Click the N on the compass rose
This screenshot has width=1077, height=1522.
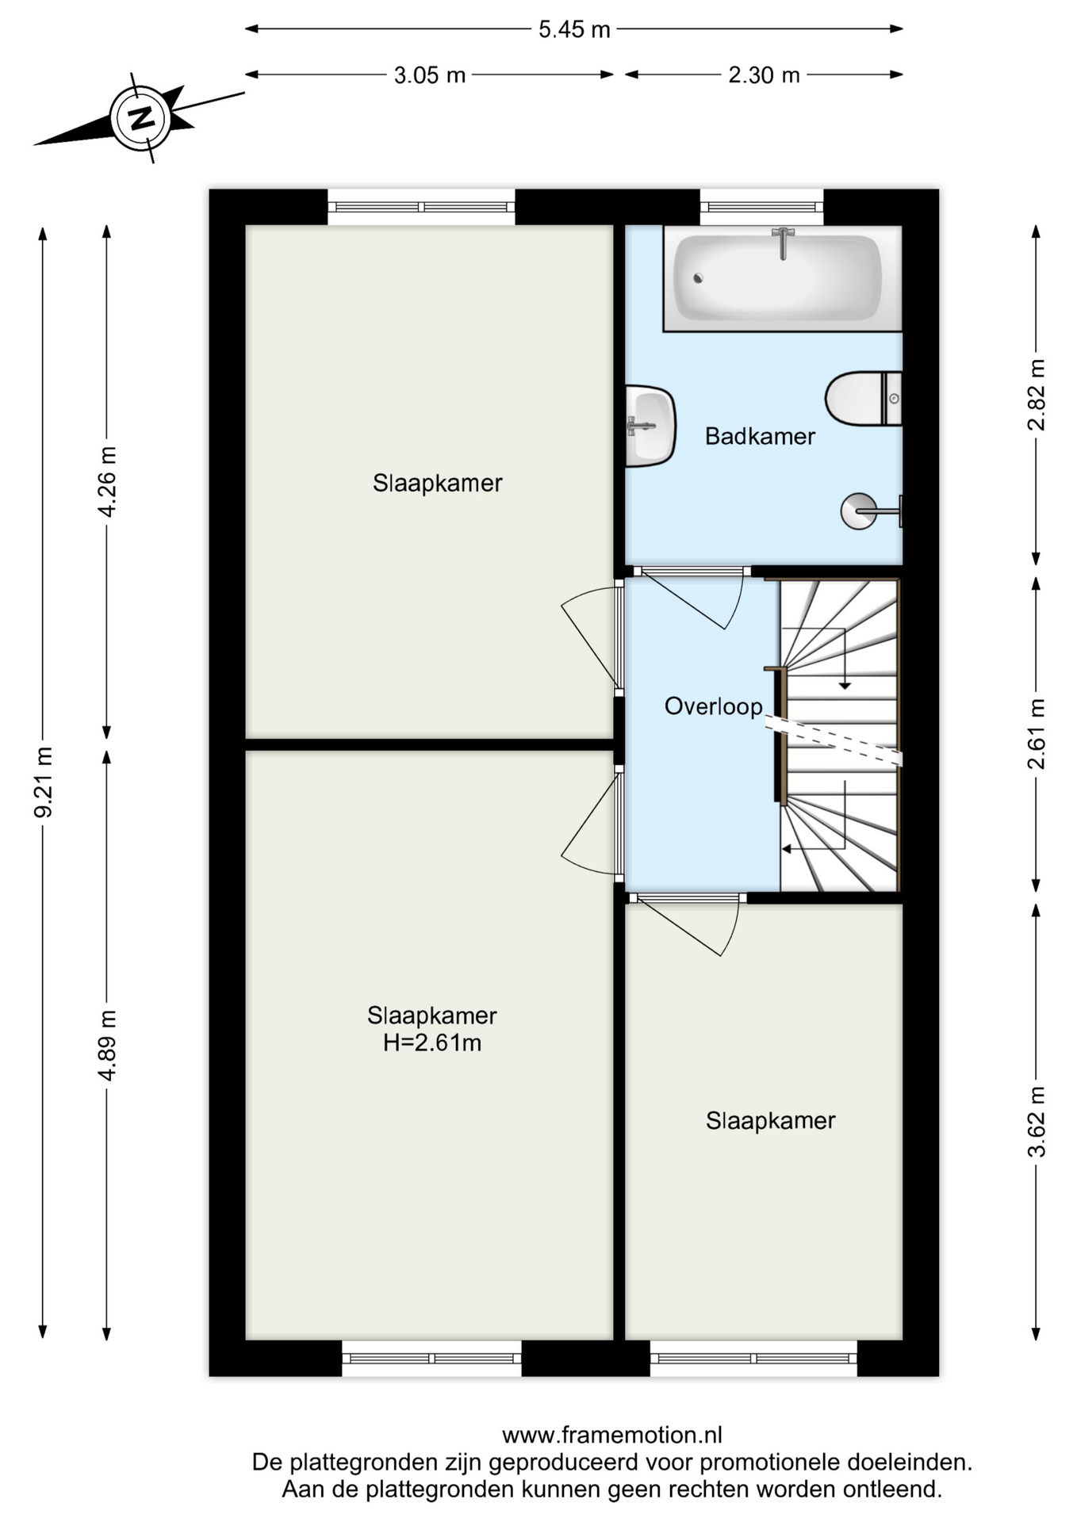[x=142, y=118]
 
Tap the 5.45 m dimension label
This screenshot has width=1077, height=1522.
[x=574, y=29]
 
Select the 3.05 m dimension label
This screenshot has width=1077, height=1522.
[x=429, y=75]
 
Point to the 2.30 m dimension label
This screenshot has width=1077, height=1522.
[x=764, y=75]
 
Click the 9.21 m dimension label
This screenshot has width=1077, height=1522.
[x=43, y=782]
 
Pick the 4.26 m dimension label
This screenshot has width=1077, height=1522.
[x=107, y=481]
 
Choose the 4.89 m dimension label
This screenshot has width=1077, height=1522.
[x=107, y=1045]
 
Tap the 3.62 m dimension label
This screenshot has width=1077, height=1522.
[x=1037, y=1122]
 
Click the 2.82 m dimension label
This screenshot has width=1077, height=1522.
[x=1037, y=395]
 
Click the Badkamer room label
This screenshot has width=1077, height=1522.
[x=760, y=436]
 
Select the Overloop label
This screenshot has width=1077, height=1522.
[x=713, y=706]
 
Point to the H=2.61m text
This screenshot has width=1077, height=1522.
[x=432, y=1042]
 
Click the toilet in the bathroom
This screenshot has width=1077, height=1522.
[x=864, y=398]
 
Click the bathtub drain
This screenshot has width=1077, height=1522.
[x=698, y=278]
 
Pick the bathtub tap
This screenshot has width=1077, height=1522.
[x=783, y=243]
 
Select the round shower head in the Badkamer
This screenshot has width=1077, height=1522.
[x=859, y=511]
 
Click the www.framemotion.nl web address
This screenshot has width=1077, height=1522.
[x=612, y=1435]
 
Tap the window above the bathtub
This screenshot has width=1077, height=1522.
[x=761, y=208]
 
